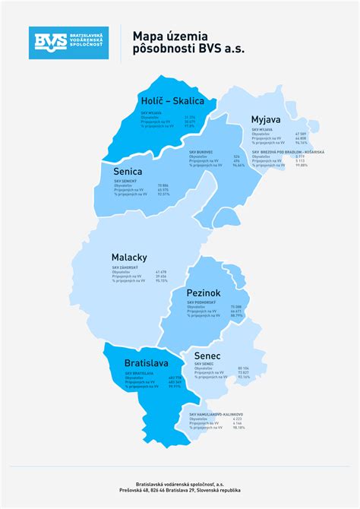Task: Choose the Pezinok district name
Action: [204, 292]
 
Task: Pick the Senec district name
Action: [207, 356]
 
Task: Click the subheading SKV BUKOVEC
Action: [201, 151]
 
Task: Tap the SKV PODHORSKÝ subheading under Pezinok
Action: [202, 302]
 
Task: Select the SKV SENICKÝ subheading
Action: [125, 181]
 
